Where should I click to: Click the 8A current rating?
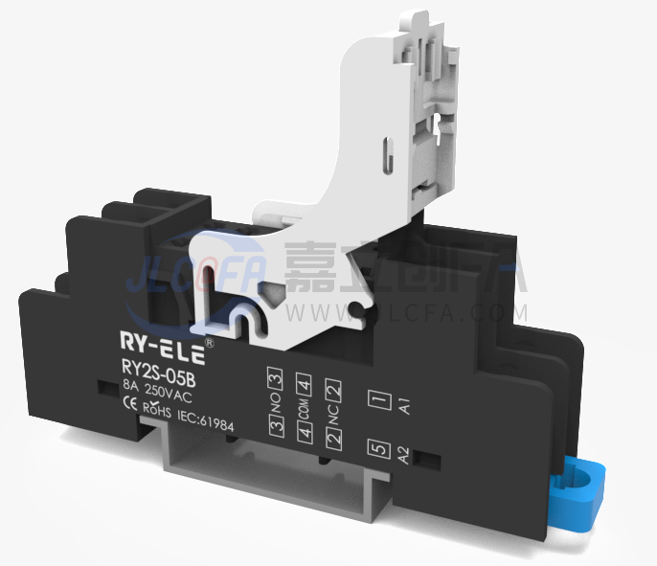tap(130, 386)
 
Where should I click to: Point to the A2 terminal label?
tap(404, 454)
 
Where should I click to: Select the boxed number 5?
tap(377, 448)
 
